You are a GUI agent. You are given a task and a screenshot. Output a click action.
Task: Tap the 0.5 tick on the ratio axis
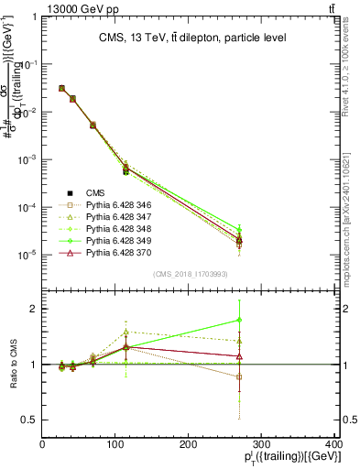pyautogui.click(x=31, y=420)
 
